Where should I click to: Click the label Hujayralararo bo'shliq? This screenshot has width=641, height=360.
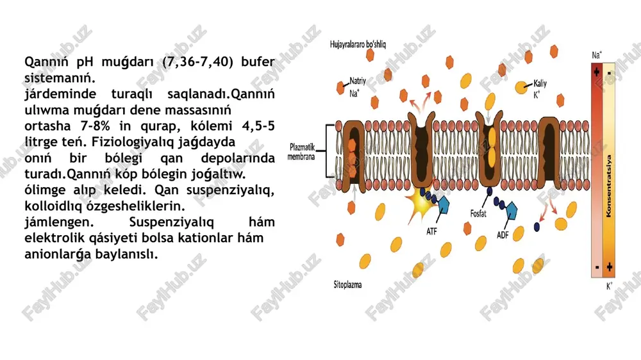click(358, 44)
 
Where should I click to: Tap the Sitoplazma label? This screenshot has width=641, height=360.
click(347, 284)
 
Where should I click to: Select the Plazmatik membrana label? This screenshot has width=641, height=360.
click(301, 152)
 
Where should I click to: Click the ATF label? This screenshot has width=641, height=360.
click(431, 231)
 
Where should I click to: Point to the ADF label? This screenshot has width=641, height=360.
click(503, 235)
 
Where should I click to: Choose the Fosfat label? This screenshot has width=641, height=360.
click(478, 213)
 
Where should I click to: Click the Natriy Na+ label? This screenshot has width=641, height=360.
click(357, 87)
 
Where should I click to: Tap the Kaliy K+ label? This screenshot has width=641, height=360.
click(540, 88)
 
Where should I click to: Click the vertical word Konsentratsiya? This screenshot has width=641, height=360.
click(609, 186)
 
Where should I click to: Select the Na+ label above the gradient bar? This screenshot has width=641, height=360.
click(597, 55)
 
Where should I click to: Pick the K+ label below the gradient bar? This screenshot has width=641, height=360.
click(609, 286)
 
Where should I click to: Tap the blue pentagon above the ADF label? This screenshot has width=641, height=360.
click(512, 210)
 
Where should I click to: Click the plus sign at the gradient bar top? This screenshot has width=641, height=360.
click(597, 72)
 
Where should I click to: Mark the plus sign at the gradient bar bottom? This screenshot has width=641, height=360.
click(610, 267)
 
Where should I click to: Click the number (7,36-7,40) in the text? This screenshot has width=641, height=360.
click(198, 61)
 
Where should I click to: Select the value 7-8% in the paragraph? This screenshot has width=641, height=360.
click(96, 126)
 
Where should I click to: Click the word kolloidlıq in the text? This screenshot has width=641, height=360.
click(54, 206)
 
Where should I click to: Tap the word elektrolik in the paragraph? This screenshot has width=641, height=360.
click(54, 238)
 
